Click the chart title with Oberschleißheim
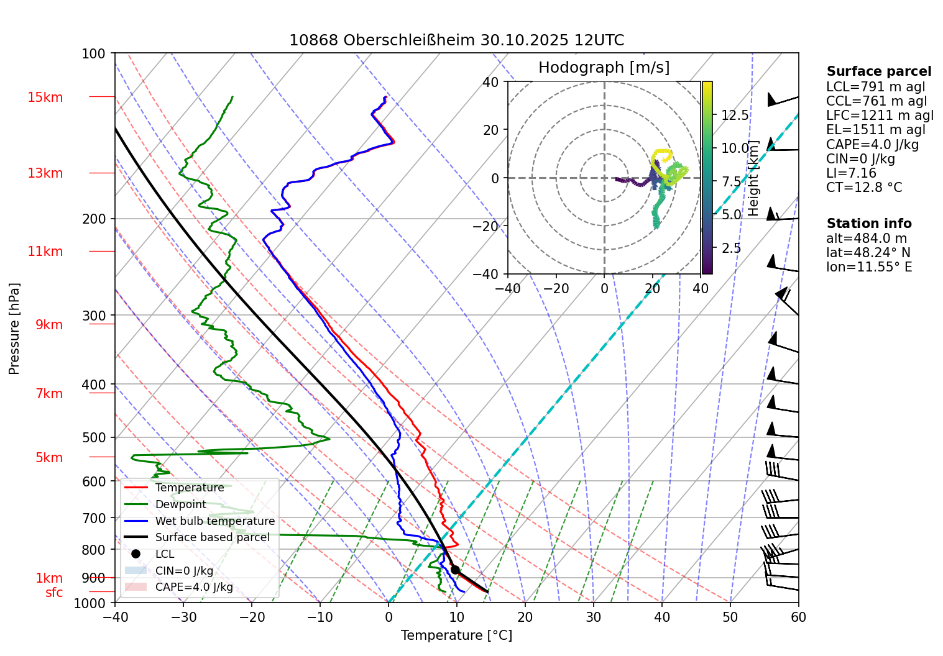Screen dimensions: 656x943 456,40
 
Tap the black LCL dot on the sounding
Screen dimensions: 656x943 455,570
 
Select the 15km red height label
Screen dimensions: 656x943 45,98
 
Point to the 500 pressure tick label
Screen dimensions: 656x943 94,437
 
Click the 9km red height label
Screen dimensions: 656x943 48,325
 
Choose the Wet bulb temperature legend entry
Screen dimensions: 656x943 214,521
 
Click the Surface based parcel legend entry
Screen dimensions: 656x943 212,537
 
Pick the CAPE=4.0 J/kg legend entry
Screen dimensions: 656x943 194,587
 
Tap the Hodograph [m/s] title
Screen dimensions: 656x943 604,68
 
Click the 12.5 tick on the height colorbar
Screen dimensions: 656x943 735,116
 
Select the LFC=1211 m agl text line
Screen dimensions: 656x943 880,116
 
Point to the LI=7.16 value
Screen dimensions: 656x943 851,173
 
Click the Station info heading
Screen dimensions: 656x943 868,224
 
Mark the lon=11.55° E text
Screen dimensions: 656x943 869,267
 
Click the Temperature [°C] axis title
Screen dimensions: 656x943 456,635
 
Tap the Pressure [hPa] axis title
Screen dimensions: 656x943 14,329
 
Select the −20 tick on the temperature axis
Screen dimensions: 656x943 252,617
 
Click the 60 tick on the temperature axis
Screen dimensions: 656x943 798,617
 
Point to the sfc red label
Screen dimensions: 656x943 54,593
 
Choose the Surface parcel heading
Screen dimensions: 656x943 878,71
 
